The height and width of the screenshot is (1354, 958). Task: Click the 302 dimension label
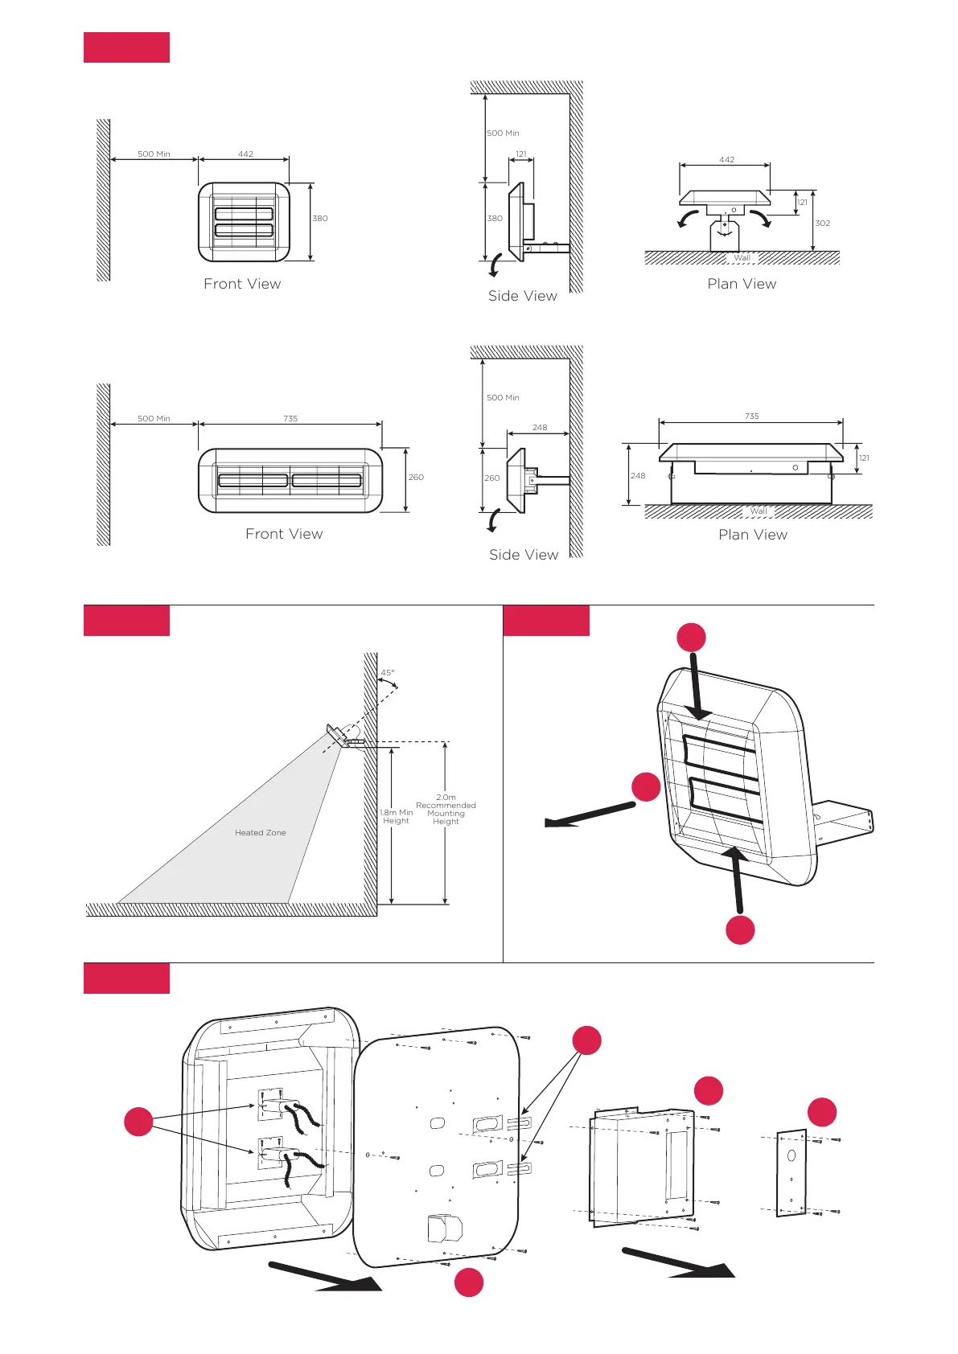tap(822, 224)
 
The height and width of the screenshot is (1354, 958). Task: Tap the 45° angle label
tap(388, 673)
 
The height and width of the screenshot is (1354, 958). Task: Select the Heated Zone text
tap(260, 833)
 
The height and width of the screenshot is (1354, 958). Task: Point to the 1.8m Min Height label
tap(397, 817)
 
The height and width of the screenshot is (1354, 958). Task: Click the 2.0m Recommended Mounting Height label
tap(446, 809)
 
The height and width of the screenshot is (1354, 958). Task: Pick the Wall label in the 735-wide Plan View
tap(758, 511)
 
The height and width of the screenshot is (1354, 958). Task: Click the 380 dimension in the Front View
tap(320, 219)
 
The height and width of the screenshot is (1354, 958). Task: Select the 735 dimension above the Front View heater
tap(290, 419)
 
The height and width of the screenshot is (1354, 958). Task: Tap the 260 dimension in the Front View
tap(416, 478)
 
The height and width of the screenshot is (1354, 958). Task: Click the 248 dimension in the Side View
tap(540, 428)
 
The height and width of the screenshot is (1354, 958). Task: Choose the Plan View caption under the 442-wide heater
tap(742, 284)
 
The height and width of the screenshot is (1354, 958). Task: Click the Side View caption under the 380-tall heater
tap(522, 296)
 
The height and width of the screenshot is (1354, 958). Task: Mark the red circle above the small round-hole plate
tap(822, 1112)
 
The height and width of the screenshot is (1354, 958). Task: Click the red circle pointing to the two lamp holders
tap(138, 1121)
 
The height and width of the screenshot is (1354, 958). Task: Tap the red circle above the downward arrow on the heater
tap(691, 638)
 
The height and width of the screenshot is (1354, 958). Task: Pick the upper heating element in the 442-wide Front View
tap(244, 213)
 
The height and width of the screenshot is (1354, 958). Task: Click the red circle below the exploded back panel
tap(469, 1282)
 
